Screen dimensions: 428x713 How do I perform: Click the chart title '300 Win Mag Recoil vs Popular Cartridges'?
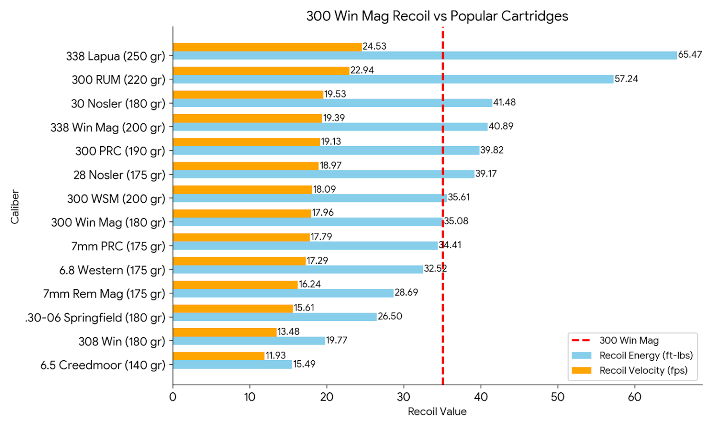(437, 16)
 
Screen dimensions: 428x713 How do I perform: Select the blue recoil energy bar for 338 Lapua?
(424, 56)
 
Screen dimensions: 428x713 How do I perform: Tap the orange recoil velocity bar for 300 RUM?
(261, 71)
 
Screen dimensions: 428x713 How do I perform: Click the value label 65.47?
(690, 55)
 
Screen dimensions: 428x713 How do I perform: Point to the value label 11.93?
(275, 356)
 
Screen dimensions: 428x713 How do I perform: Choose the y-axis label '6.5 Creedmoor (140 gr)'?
(103, 365)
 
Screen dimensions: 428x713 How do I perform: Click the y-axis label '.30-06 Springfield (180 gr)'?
(95, 318)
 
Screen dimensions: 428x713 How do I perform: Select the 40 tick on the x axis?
(480, 397)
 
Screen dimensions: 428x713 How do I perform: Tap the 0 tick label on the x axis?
(173, 397)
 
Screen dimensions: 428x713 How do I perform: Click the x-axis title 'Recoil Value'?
(437, 412)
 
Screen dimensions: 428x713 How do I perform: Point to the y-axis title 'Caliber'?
(15, 207)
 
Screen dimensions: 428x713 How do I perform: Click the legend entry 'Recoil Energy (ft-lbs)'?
(646, 356)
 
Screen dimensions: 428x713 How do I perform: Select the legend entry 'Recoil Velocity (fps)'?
(643, 370)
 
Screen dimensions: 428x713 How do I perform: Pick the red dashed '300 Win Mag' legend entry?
(629, 341)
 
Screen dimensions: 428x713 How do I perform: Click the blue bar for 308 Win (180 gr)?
(249, 341)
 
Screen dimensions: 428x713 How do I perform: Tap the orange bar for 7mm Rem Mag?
(235, 285)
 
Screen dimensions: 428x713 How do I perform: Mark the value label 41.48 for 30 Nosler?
(504, 103)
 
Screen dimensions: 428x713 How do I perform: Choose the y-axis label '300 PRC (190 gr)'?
(120, 151)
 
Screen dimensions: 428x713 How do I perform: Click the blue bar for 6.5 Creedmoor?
(232, 365)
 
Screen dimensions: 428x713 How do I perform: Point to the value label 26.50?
(389, 317)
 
